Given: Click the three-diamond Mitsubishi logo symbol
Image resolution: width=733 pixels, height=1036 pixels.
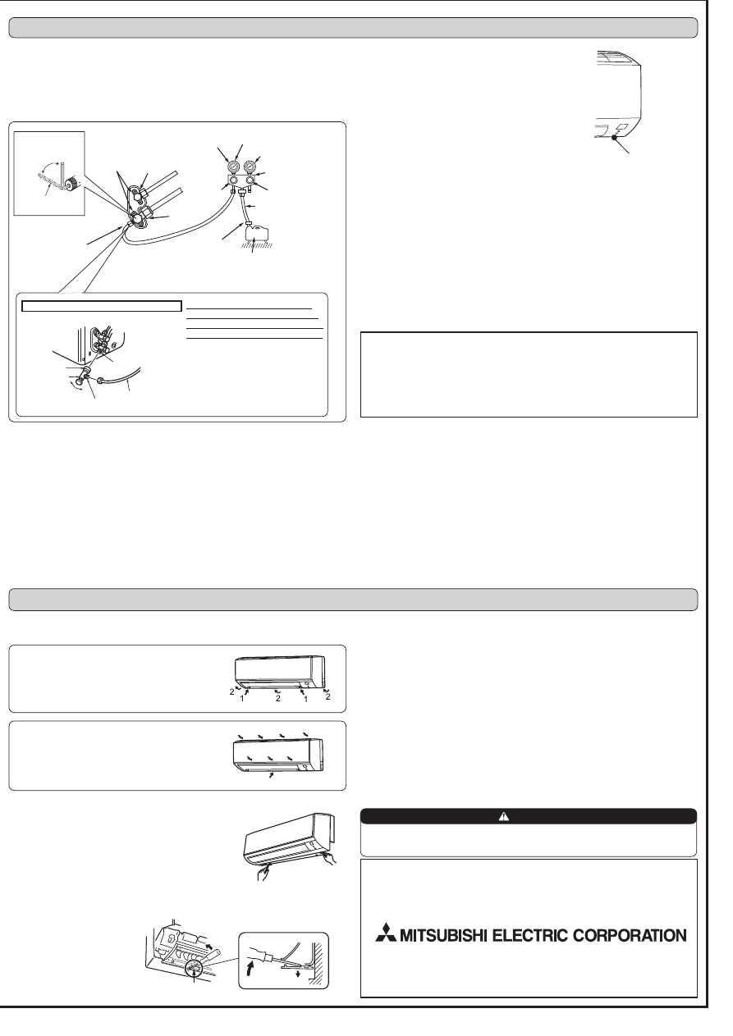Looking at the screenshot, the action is point(386,933).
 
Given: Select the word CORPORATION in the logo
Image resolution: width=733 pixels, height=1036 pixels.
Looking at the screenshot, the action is point(630,936).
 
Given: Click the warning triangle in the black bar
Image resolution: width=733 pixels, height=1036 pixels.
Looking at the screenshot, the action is point(503,817).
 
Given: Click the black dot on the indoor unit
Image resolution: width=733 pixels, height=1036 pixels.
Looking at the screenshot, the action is point(614,137).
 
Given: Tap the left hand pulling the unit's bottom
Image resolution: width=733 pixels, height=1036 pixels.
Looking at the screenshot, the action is point(263,874).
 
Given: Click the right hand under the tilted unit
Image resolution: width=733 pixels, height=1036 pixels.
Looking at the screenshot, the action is point(330,859).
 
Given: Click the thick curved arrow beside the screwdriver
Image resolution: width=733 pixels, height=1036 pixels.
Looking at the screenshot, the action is point(250,973).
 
